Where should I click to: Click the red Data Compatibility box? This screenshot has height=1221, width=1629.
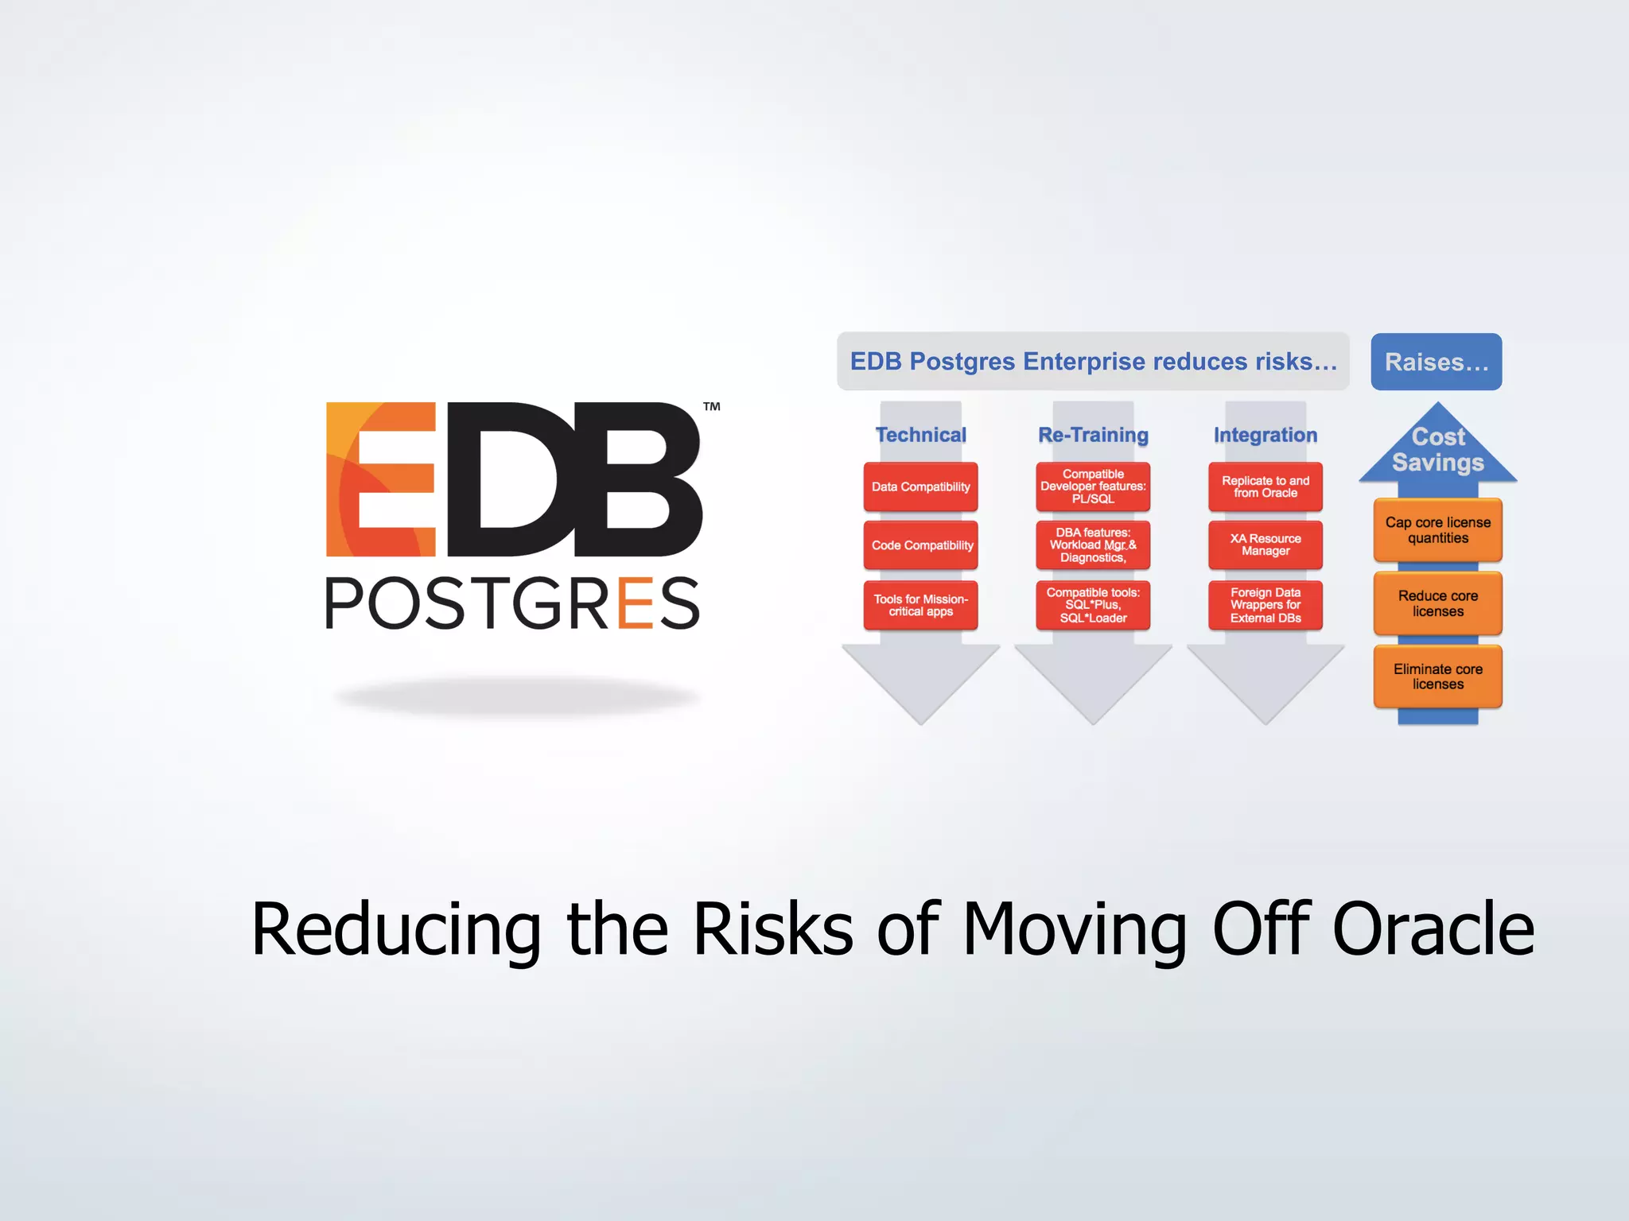pos(920,486)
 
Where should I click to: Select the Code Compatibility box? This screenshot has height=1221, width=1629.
pos(920,545)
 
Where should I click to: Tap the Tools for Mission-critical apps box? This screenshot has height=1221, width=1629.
pos(920,605)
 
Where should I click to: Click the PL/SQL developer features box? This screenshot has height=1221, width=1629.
pos(1093,486)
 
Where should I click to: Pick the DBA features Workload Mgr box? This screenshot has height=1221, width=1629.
pos(1093,545)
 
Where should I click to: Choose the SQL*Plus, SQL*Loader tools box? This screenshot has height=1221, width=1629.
pos(1093,605)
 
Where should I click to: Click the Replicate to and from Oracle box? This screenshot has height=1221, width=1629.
pos(1265,486)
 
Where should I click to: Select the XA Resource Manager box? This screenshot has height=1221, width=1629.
pos(1265,545)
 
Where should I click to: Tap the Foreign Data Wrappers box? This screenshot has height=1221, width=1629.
pos(1265,605)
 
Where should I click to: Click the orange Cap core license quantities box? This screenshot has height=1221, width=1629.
pos(1437,530)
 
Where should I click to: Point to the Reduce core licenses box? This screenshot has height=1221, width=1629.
pos(1437,603)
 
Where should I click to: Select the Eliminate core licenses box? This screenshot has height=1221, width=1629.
pos(1437,676)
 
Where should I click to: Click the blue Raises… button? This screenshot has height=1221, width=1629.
pos(1436,362)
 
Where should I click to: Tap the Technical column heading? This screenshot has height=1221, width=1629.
pos(920,435)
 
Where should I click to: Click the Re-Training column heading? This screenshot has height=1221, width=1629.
pos(1093,435)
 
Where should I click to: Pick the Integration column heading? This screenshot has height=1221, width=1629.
pos(1265,435)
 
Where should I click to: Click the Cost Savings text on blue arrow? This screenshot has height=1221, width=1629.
pos(1437,450)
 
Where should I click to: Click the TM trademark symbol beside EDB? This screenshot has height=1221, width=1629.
pos(711,407)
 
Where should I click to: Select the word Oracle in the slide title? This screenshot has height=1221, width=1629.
pos(1433,928)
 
